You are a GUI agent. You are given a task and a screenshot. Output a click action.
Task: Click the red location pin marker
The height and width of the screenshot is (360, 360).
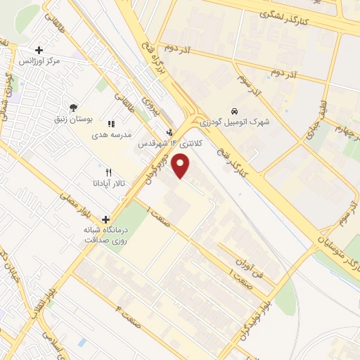click(181, 167)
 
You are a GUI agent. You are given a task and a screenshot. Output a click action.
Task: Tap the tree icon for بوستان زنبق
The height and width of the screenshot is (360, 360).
click(74, 107)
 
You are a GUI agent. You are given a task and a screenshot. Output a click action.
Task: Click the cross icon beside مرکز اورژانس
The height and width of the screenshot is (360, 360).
click(39, 50)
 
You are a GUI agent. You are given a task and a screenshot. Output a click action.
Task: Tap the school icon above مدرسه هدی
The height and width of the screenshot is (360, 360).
click(111, 124)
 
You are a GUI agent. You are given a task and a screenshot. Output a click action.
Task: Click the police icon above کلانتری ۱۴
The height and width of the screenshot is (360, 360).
click(169, 131)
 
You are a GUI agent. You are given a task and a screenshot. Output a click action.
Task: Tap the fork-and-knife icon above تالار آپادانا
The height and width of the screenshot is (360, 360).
click(108, 172)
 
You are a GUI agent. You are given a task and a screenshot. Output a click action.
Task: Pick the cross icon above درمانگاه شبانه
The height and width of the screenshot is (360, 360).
click(105, 219)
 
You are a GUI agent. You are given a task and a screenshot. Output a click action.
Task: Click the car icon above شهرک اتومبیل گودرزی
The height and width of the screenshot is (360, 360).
click(235, 111)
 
